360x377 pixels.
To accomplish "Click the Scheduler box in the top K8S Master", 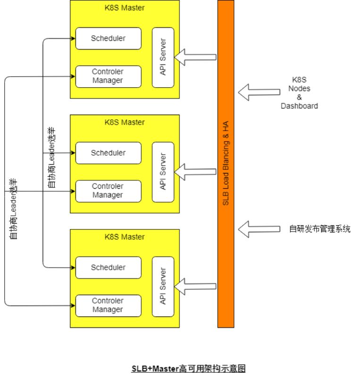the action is (109, 39).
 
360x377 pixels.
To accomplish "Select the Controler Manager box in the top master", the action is (109, 76).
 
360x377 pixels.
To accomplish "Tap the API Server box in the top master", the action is (163, 57).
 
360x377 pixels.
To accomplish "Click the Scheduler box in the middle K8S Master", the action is (109, 153).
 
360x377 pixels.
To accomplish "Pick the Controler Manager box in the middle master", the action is (109, 191).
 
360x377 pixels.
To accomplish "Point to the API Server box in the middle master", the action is (163, 172).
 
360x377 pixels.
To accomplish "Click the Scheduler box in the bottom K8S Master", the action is (109, 268).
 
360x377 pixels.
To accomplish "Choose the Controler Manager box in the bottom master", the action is (109, 306).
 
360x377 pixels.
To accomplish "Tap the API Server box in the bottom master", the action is (163, 287).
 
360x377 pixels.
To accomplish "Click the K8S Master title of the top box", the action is (125, 8).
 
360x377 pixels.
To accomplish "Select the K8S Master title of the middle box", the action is (125, 122).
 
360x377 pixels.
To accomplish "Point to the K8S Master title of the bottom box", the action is (125, 237).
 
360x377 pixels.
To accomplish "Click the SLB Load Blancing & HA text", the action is (226, 163).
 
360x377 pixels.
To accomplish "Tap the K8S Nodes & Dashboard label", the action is (299, 93).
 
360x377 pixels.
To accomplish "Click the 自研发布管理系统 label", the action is (320, 229).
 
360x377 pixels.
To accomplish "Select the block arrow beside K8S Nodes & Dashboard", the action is (259, 92).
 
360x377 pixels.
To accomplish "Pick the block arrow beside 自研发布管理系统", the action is (259, 229).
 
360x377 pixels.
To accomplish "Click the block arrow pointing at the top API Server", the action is (195, 57).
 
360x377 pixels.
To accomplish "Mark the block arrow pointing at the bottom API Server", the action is (195, 287).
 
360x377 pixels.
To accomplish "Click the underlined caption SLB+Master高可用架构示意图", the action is (188, 369).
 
